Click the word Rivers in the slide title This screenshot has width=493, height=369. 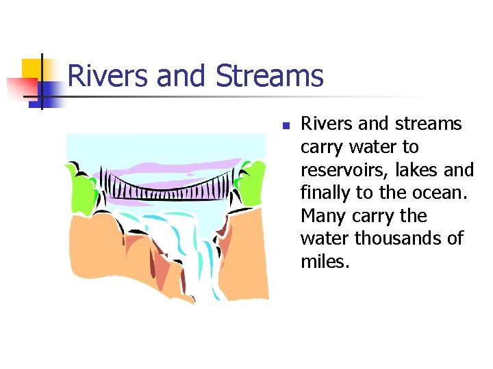[x=109, y=76]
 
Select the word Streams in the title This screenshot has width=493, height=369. [x=269, y=76]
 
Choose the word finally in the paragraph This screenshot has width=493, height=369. [x=325, y=193]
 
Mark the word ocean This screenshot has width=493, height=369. [x=442, y=193]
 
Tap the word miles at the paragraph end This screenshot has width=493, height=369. [x=325, y=262]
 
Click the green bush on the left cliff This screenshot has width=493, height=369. [x=81, y=184]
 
